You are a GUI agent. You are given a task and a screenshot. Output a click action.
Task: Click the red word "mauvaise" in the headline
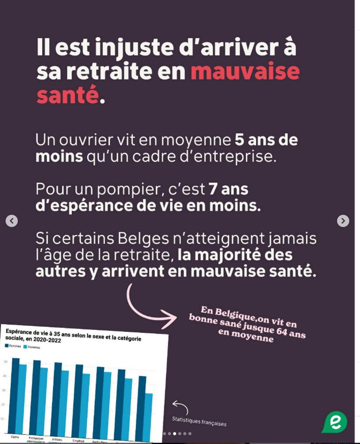[x=245, y=72]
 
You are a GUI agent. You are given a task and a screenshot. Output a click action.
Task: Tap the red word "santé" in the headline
[x=67, y=95]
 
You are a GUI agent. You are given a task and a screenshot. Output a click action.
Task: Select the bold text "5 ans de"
[x=266, y=140]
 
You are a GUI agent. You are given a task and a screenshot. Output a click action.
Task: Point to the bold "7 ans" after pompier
[x=228, y=189]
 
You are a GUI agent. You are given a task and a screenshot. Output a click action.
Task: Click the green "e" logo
[x=335, y=422]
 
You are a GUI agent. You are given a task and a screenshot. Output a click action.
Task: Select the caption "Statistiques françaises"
[x=199, y=422]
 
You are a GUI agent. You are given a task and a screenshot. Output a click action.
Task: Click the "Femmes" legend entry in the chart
[x=14, y=346]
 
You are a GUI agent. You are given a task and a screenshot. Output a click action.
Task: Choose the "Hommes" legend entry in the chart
[x=32, y=347]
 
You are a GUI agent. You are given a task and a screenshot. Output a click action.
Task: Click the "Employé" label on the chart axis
[x=78, y=440]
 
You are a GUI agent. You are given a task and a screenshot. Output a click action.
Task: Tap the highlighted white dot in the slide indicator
[x=174, y=433]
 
